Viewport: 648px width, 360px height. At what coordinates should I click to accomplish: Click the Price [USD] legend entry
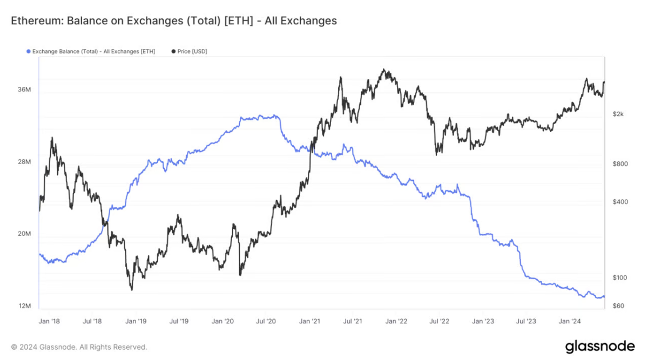click(192, 51)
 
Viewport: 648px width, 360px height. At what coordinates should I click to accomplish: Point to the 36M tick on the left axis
click(24, 90)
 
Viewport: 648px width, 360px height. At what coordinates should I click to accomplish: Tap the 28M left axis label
click(24, 162)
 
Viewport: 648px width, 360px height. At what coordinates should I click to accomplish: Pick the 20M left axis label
click(24, 234)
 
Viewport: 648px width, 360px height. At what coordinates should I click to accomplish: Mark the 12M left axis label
click(24, 306)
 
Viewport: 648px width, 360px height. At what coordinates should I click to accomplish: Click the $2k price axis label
click(618, 114)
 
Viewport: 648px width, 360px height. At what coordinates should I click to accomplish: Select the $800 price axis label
click(620, 164)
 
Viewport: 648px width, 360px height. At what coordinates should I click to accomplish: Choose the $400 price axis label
click(620, 202)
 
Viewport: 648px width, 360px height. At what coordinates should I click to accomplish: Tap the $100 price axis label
click(620, 277)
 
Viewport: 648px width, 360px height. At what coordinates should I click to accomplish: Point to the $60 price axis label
click(618, 306)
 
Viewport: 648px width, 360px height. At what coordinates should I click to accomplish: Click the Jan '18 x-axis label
click(49, 321)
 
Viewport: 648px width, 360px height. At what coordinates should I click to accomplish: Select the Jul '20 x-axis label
click(266, 321)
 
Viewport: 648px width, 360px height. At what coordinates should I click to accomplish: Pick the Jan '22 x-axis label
click(396, 321)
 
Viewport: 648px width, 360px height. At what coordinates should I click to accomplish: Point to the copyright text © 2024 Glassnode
click(79, 347)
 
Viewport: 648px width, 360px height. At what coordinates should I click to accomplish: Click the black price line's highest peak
click(384, 70)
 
